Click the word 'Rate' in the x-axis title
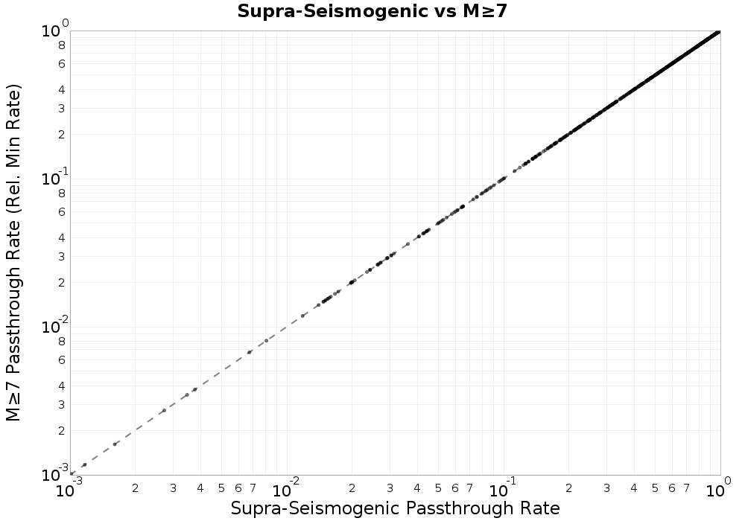(539, 508)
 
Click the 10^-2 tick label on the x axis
(287, 488)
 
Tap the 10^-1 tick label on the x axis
(503, 488)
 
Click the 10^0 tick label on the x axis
(718, 488)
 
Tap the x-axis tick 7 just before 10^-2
(253, 488)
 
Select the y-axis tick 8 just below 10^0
(62, 45)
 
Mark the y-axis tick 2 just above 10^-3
(62, 430)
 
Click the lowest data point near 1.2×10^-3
(85, 464)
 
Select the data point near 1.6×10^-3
(115, 444)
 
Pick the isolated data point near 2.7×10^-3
(165, 410)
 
